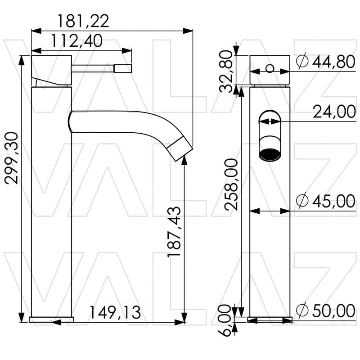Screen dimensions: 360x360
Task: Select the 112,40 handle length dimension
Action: pos(76,41)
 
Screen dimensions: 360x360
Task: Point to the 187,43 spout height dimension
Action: pos(175,231)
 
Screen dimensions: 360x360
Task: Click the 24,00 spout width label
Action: pos(334,112)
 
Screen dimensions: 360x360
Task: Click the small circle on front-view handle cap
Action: pos(270,68)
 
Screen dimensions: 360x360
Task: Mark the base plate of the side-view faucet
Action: pos(51,319)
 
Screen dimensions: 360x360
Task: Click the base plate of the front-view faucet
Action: pos(270,319)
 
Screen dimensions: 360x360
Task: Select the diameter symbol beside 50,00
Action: pos(303,310)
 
